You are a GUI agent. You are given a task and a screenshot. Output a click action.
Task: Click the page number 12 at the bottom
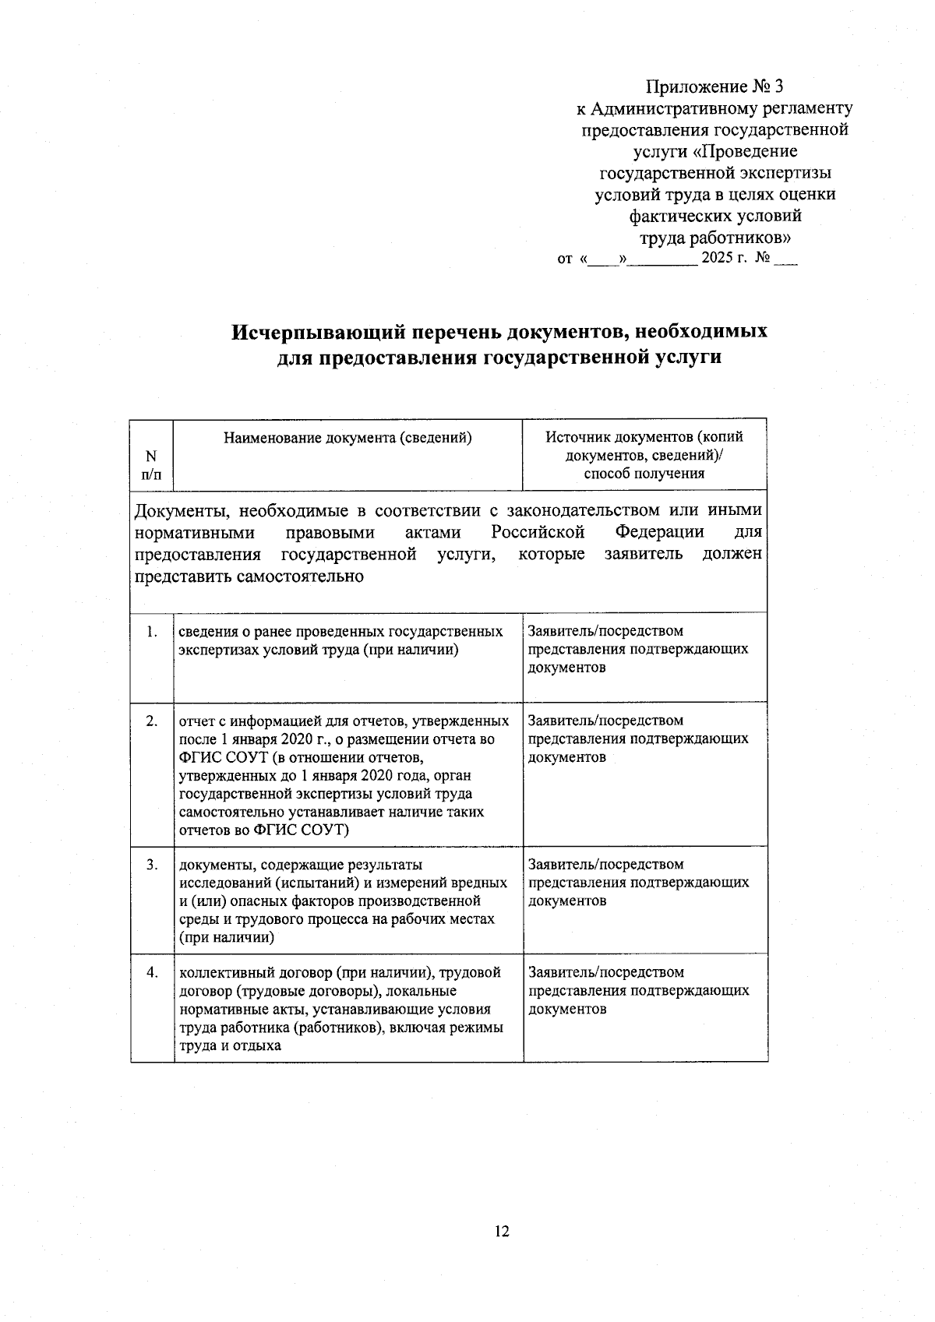[502, 1232]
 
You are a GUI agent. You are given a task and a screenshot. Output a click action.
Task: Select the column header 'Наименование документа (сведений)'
[348, 438]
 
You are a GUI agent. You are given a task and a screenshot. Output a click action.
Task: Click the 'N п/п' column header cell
[151, 465]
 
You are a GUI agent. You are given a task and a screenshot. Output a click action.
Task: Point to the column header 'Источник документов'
[644, 438]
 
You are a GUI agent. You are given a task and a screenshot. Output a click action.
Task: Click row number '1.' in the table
[152, 631]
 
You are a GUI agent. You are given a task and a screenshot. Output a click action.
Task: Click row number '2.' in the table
[152, 721]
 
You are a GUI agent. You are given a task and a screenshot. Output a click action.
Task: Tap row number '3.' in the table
[152, 864]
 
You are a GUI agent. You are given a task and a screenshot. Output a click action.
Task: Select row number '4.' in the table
[152, 972]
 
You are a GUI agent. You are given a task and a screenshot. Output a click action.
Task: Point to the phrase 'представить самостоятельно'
[249, 577]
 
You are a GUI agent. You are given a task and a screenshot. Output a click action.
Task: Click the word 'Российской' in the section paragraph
[538, 532]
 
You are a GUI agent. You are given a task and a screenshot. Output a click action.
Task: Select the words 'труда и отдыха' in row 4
[230, 1045]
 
